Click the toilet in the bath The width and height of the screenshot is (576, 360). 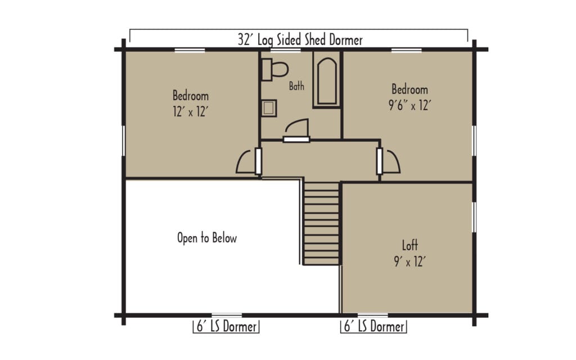coord(275,68)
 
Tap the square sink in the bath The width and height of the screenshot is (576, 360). coord(269,107)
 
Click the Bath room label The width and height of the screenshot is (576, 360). coord(296,86)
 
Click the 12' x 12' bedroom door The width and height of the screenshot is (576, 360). coord(247,161)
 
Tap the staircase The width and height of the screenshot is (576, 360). coord(322,223)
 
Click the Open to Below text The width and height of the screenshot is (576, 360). coord(207,238)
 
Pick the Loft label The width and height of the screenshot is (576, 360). coord(409,245)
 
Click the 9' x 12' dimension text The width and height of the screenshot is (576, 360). coord(409,261)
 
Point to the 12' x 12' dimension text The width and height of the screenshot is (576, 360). coord(191,112)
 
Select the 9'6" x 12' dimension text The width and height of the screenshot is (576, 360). coord(409,106)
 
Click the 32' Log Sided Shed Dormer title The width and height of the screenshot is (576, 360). coord(299,39)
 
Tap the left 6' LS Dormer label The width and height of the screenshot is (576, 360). coord(226,327)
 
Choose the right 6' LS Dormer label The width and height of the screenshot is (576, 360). coord(373,327)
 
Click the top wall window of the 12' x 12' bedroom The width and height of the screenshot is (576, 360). coord(190,50)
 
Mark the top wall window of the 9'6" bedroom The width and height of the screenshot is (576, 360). coord(407,50)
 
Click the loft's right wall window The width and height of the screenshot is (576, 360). coord(474,217)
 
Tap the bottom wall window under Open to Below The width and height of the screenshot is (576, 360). coord(226,315)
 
